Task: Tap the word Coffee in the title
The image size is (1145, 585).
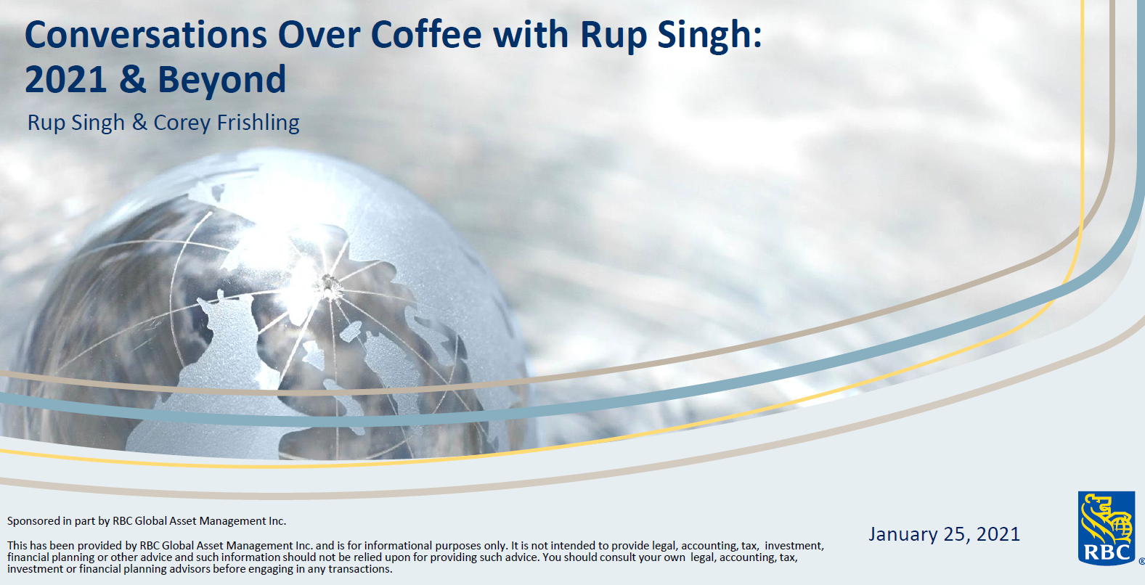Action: (426, 35)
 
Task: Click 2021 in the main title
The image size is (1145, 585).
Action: (65, 80)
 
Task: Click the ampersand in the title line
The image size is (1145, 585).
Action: (132, 80)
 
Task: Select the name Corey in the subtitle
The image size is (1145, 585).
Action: (182, 123)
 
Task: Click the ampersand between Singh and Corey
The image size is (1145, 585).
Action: (139, 123)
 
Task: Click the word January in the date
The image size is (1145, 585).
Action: (903, 535)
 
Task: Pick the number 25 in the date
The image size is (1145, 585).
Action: (955, 535)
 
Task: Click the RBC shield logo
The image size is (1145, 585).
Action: (1106, 528)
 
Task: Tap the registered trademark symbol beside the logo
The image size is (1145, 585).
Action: (1141, 561)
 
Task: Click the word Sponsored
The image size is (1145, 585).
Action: (33, 521)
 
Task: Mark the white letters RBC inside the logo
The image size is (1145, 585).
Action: (1106, 552)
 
